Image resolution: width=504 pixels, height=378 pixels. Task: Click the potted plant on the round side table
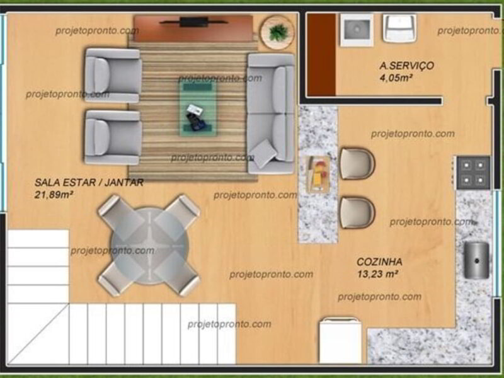[278, 33]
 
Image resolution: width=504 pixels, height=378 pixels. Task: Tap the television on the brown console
[193, 22]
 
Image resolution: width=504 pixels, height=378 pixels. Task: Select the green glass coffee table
[198, 108]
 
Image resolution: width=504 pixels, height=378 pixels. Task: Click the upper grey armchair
[113, 75]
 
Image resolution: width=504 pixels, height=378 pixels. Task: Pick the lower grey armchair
[113, 137]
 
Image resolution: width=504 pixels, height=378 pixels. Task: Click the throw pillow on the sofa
[263, 153]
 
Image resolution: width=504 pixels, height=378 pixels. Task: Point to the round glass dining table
[149, 246]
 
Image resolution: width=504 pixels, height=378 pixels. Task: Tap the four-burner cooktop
[474, 172]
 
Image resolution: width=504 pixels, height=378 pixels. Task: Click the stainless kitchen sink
[476, 260]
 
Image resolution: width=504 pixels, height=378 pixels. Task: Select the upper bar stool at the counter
[357, 163]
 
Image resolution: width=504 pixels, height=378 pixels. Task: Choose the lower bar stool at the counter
[357, 213]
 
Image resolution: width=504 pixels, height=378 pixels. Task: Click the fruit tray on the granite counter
[318, 174]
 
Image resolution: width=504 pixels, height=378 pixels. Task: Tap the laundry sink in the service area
[357, 30]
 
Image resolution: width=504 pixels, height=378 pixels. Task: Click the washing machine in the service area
[399, 28]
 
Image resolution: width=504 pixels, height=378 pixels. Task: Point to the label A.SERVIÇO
[406, 66]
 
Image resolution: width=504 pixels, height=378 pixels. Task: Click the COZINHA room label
[379, 261]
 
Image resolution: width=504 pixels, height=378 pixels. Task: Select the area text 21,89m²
[54, 195]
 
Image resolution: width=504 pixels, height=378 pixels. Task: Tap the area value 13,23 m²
[377, 274]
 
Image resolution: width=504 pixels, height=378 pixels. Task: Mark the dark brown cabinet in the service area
[321, 55]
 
